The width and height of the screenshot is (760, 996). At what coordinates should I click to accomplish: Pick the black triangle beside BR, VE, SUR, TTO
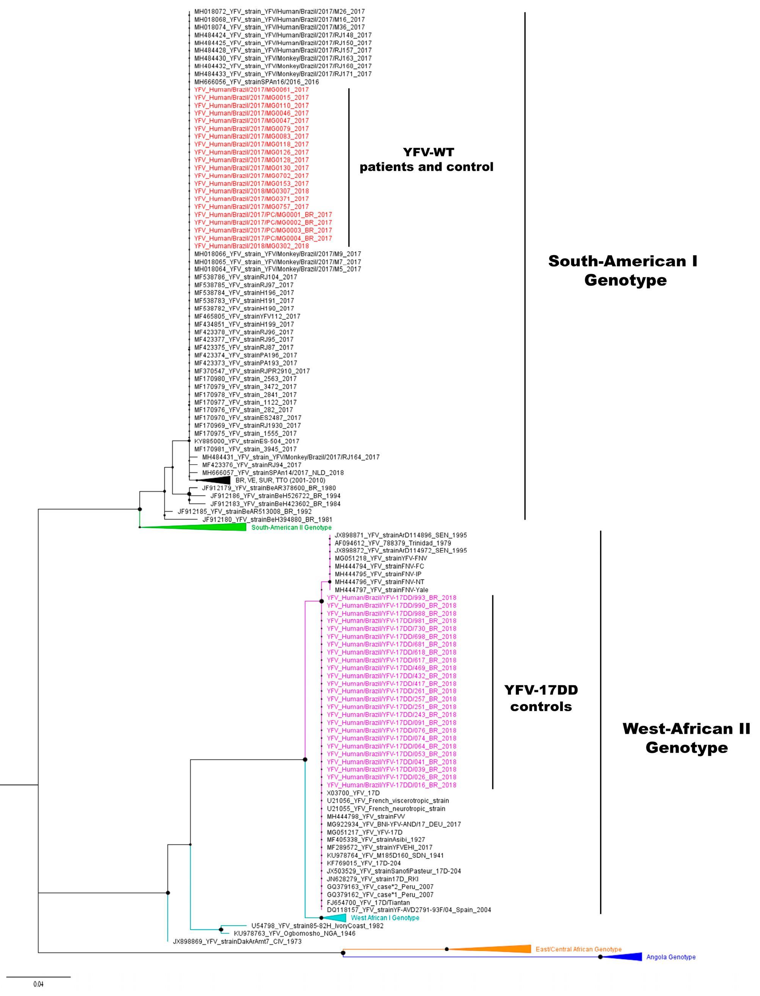point(217,480)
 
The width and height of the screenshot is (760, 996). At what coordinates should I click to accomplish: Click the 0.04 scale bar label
point(38,984)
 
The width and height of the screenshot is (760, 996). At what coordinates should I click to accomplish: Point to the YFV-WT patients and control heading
point(426,160)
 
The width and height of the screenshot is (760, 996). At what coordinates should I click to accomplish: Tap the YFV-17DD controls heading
point(541,698)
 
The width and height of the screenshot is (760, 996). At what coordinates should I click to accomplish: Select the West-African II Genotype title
point(686,738)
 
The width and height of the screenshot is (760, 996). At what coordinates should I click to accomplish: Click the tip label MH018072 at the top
point(279,12)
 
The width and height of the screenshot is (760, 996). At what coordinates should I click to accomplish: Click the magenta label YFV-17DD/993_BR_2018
point(391,598)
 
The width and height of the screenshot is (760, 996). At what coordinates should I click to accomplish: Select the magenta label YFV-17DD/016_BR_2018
point(391,785)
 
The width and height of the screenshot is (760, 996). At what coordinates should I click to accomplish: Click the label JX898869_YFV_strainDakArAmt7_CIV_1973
point(237,941)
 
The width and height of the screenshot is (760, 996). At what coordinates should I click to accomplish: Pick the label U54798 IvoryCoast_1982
point(317,926)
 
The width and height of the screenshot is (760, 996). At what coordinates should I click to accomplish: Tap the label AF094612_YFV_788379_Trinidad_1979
point(393,543)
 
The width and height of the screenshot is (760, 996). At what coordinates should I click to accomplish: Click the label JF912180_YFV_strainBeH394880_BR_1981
point(267,519)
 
